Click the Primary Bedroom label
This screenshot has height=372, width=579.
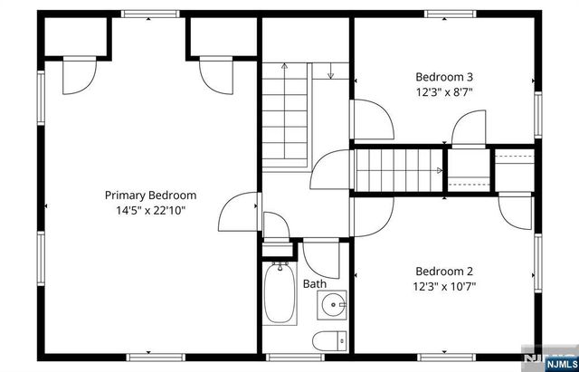click(x=150, y=195)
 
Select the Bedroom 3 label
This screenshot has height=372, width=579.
click(x=444, y=76)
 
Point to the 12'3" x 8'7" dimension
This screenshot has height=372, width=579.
click(x=444, y=91)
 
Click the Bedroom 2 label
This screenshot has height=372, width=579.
click(x=444, y=271)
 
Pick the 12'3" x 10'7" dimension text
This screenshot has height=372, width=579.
click(x=444, y=286)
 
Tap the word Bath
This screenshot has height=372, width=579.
click(x=315, y=284)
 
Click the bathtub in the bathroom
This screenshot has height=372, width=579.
click(x=280, y=294)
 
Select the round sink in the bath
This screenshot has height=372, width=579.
click(x=333, y=305)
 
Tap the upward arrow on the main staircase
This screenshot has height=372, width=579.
click(x=284, y=66)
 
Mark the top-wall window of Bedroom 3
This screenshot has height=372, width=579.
click(x=450, y=14)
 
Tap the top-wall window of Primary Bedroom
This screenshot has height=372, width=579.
click(x=149, y=14)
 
